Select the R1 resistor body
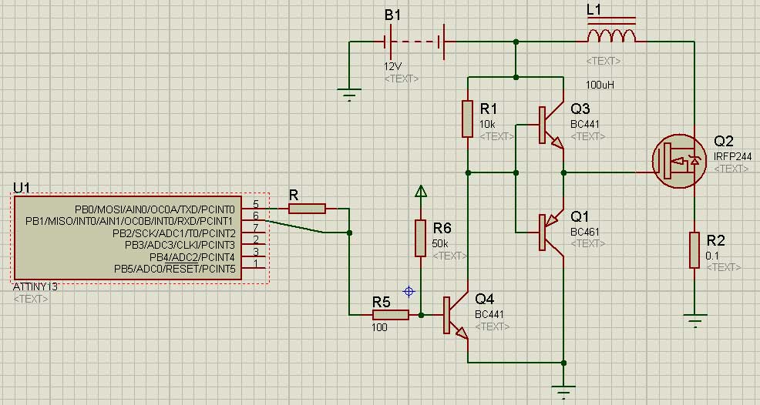coord(467,119)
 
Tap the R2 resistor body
coord(694,250)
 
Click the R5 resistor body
coord(391,315)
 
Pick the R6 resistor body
coord(420,238)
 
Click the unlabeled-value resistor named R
coord(307,209)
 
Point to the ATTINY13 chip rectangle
coord(127,237)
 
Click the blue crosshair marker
coord(409,291)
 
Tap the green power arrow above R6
coord(421,192)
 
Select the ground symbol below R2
coord(694,320)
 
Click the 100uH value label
coord(600,85)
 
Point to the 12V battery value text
coord(392,66)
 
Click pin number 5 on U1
coord(256,204)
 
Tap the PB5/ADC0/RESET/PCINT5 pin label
coord(175,269)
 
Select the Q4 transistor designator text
coord(484,299)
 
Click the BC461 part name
coord(584,232)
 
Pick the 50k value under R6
coord(440,243)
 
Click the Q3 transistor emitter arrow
coord(557,143)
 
